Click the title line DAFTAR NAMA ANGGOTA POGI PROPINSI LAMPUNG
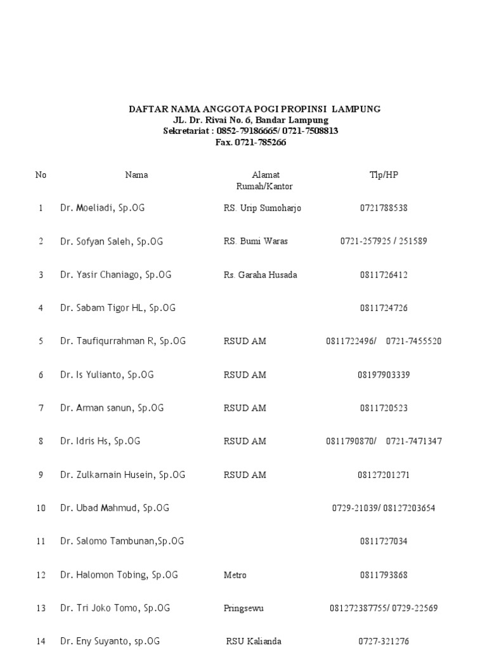tap(255, 109)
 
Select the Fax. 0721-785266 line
tap(251, 142)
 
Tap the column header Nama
tap(136, 175)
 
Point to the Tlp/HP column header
tap(384, 175)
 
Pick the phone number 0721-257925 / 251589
tap(384, 241)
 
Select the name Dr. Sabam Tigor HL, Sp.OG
tap(118, 308)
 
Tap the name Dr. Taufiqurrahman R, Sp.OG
tap(123, 341)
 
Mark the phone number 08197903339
tap(384, 375)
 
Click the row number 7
tap(41, 408)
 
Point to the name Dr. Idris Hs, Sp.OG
tap(100, 441)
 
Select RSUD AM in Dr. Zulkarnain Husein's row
tap(245, 475)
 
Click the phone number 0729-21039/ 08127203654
tap(384, 508)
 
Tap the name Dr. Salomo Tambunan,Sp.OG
tap(122, 541)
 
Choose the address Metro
tap(235, 575)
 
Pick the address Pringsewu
tap(243, 608)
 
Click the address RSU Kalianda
tap(254, 641)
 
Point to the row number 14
tap(41, 642)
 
